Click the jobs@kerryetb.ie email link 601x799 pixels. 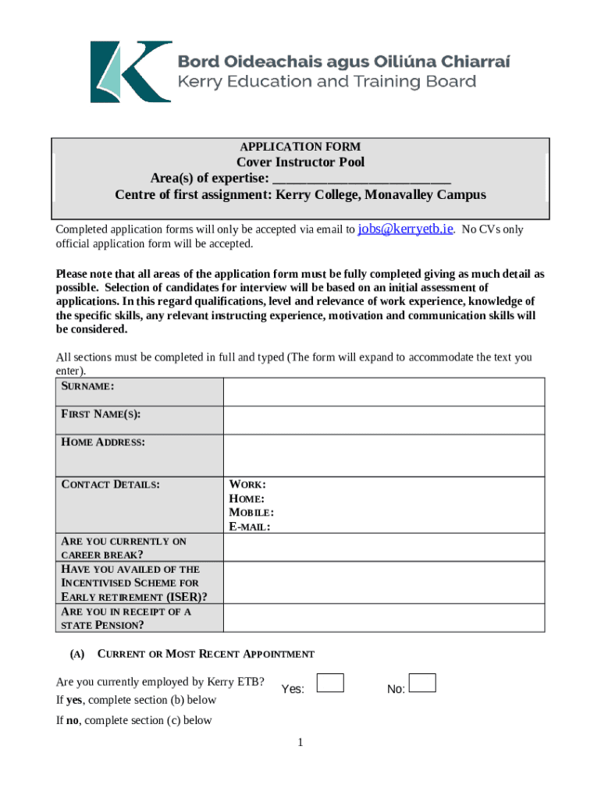tap(405, 229)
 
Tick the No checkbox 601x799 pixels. tap(422, 684)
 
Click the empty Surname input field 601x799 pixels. tap(384, 392)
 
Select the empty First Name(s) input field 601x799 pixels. tap(384, 420)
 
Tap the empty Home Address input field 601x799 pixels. tap(384, 455)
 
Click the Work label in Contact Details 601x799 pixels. tap(247, 485)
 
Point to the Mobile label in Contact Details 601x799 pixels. tap(251, 513)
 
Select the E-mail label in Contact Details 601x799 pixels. tap(249, 527)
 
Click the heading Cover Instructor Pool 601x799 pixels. tap(300, 162)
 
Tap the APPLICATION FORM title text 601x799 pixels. tap(300, 147)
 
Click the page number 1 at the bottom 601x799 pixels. tap(300, 742)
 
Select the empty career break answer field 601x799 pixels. tap(384, 547)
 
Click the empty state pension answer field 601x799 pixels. tap(384, 617)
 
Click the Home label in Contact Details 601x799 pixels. tap(247, 499)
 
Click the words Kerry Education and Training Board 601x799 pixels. tap(327, 82)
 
